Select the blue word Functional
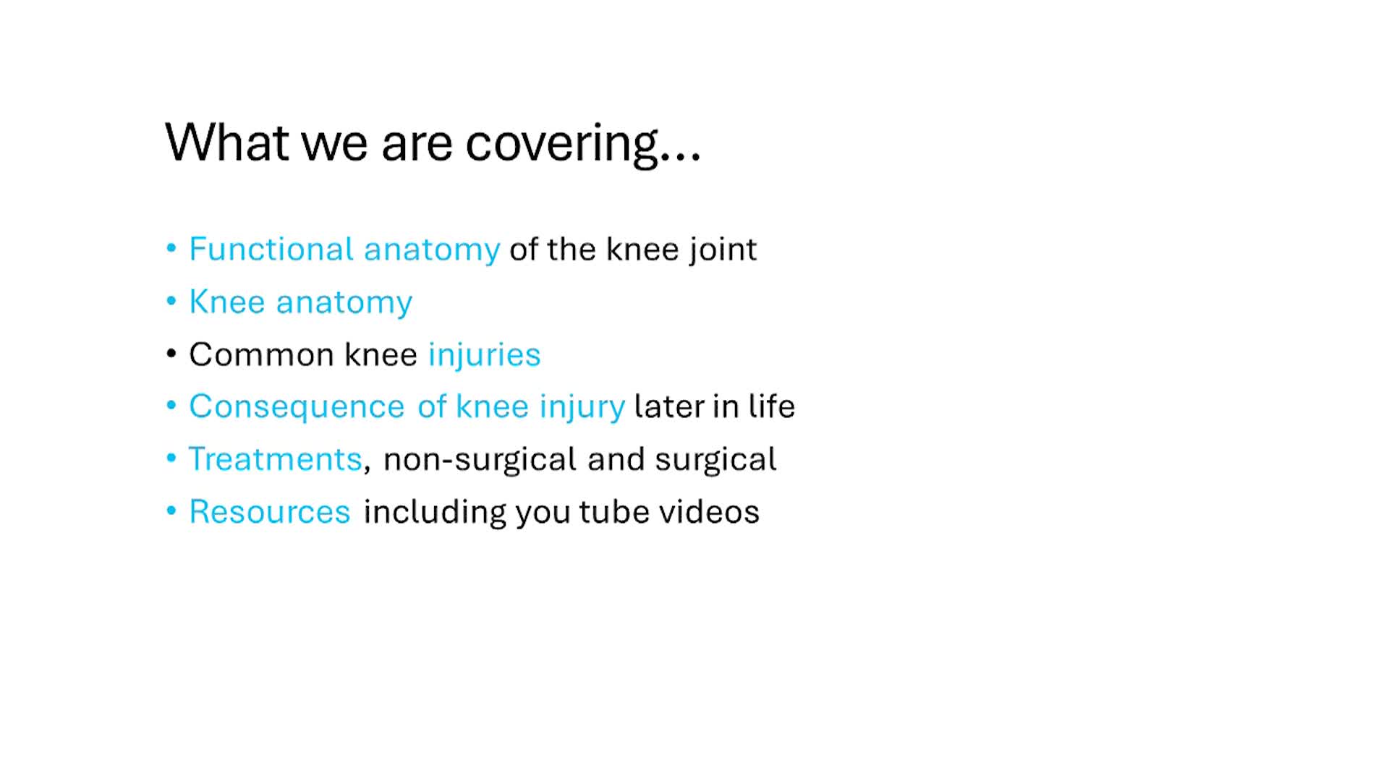pos(271,249)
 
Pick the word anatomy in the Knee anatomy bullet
pos(344,303)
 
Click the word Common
pos(262,355)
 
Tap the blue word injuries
pos(484,355)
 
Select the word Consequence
pos(297,406)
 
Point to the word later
pos(668,406)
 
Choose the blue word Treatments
pos(275,459)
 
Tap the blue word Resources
pos(270,512)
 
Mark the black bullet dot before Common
pos(171,354)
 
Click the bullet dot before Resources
pos(171,511)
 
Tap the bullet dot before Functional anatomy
pos(171,249)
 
